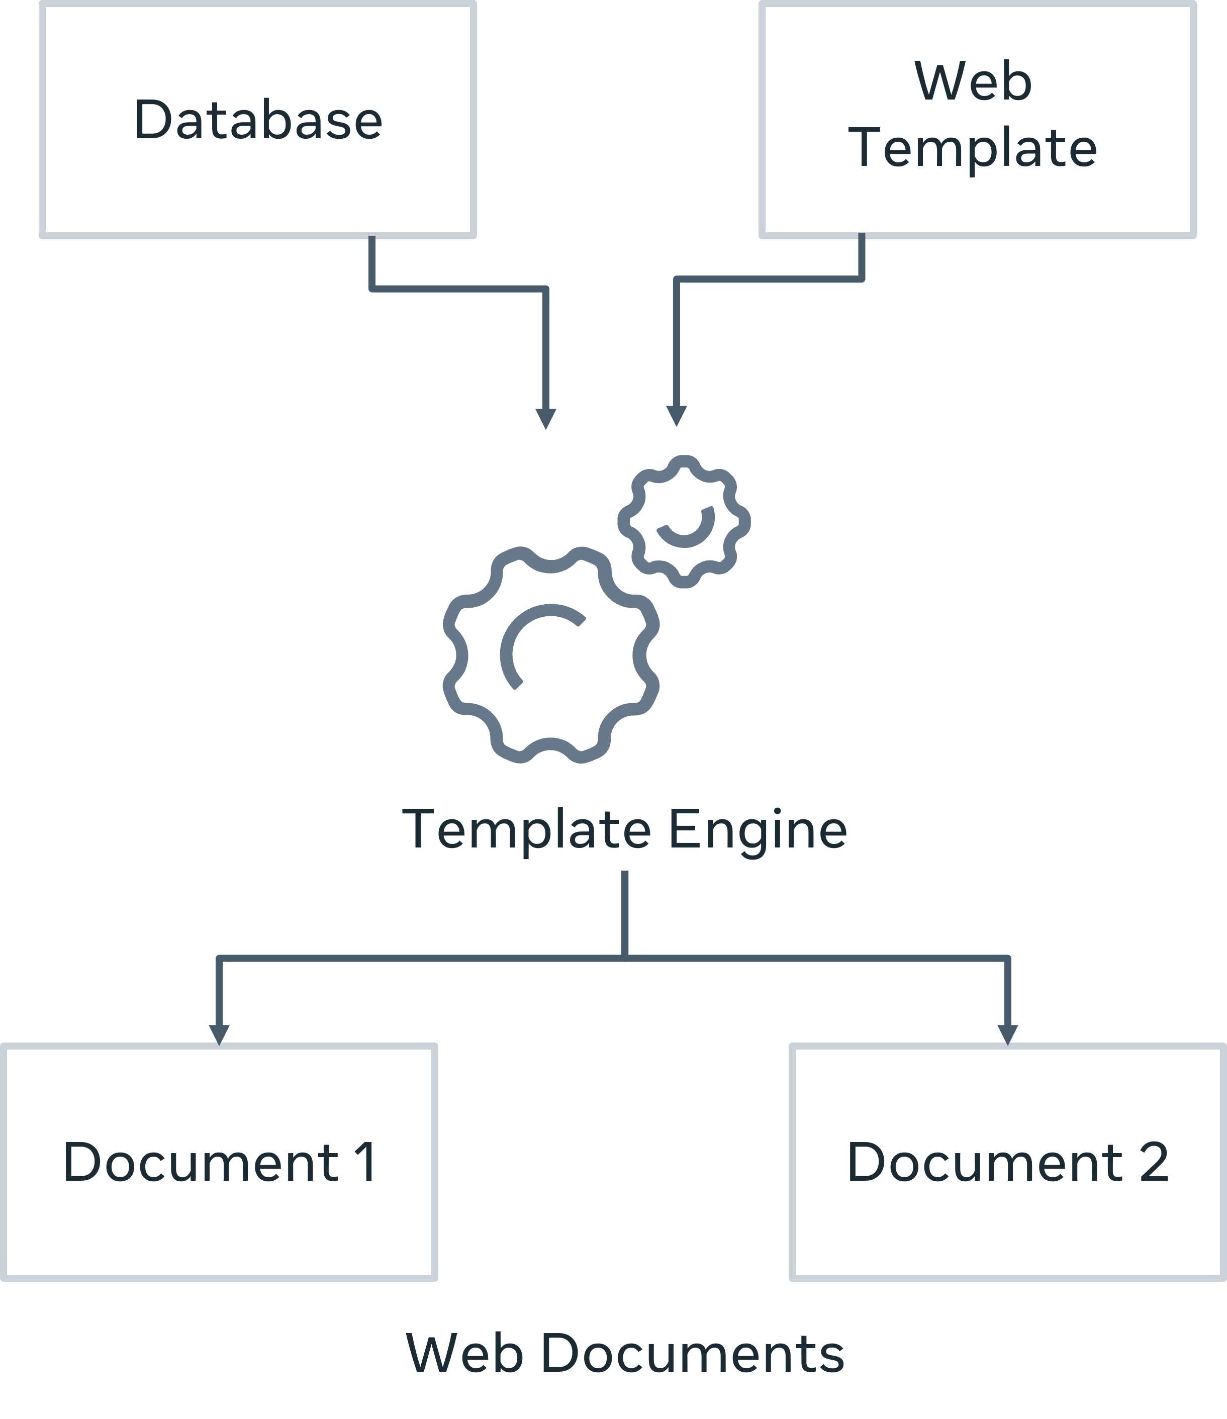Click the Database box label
point(258,120)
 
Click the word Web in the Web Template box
point(973,81)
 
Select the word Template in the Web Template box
point(976,148)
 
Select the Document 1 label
point(219,1162)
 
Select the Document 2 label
point(1007,1162)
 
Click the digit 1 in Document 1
point(365,1162)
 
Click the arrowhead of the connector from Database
point(546,418)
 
